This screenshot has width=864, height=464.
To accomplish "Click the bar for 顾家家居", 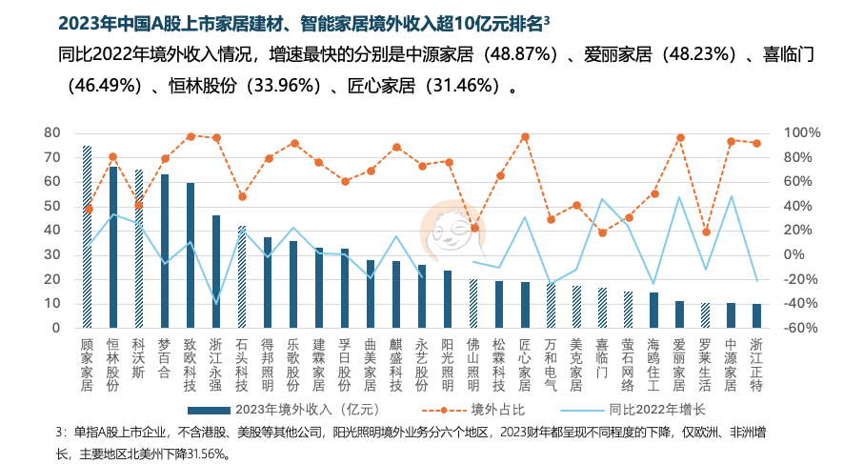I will (x=87, y=238).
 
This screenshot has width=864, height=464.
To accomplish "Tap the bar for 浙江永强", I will (x=216, y=272).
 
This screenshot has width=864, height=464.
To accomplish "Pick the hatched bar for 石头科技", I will (x=242, y=276).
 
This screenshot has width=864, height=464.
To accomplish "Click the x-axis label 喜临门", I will (x=602, y=356).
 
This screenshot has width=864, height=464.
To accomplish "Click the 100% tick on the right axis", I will (x=802, y=132).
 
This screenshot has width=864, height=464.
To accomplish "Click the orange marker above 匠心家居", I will (x=525, y=136).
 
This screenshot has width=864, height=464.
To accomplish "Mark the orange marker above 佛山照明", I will (x=473, y=228).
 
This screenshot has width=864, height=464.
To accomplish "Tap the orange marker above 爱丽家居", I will (x=679, y=137).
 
